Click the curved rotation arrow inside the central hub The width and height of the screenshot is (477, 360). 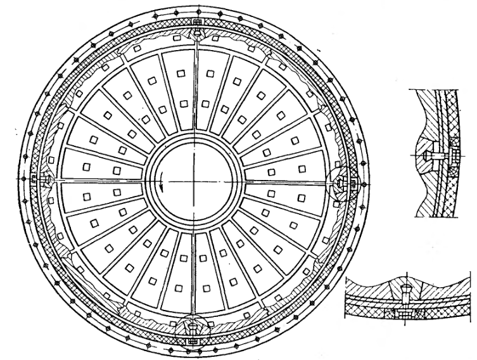[163, 184]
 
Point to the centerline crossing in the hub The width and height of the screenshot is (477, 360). [194, 182]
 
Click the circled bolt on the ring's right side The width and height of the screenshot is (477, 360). [343, 182]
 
